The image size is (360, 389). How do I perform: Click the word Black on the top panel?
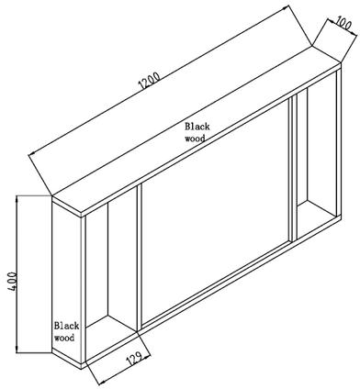pyautogui.click(x=197, y=127)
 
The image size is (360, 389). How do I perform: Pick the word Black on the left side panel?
pyautogui.click(x=67, y=325)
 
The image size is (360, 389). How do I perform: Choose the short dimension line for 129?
pyautogui.click(x=118, y=367)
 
